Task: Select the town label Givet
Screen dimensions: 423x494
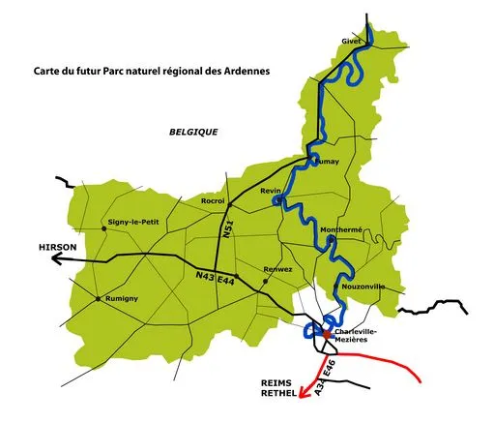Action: (x=351, y=41)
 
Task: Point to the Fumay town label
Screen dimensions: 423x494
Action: (x=327, y=162)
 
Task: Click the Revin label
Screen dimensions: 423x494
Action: (x=271, y=192)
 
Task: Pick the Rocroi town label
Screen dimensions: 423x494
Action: (x=212, y=200)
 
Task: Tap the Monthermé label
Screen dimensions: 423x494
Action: (x=341, y=229)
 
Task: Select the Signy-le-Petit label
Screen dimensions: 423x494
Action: (x=135, y=222)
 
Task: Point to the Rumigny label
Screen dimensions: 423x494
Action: (x=121, y=298)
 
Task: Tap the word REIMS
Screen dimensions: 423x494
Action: (x=278, y=382)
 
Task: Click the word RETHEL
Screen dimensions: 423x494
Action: (x=278, y=395)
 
